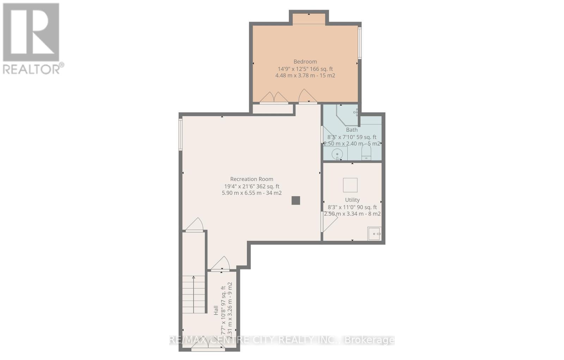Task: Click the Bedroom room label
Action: [305, 62]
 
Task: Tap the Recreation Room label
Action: [252, 179]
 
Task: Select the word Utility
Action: [352, 200]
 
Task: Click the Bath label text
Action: [351, 130]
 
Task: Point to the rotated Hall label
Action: [216, 310]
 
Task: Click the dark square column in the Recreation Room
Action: [295, 200]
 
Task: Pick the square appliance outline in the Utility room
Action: [350, 185]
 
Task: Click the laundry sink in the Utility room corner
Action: [374, 234]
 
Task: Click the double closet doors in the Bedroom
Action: [274, 98]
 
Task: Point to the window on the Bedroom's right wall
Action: [360, 43]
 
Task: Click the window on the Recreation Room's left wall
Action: [180, 135]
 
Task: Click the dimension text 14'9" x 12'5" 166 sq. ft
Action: [305, 69]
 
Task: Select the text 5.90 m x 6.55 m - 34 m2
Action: [252, 193]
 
